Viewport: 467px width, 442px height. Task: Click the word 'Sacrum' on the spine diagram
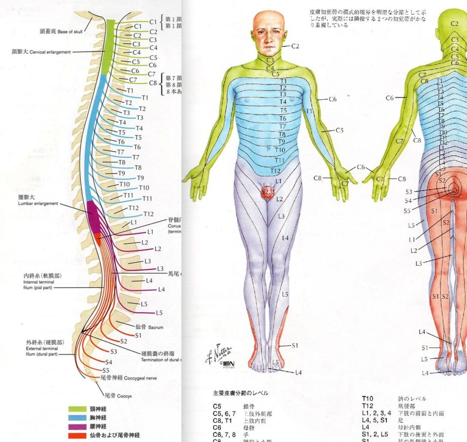pos(155,328)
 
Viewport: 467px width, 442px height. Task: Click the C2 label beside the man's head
pos(295,46)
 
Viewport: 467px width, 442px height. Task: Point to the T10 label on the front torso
pos(280,150)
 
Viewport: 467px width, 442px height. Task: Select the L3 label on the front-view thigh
pos(281,216)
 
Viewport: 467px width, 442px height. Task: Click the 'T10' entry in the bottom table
pos(368,399)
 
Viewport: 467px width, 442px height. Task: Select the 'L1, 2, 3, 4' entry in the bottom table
pos(376,414)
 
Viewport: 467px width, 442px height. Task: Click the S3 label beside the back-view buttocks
pos(409,192)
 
